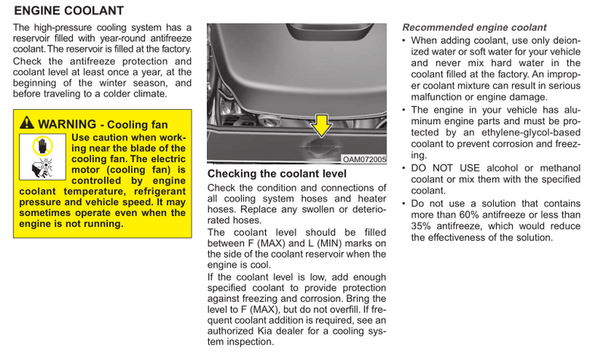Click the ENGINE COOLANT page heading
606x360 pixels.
pyautogui.click(x=69, y=11)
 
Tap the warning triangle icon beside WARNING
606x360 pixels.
pyautogui.click(x=27, y=123)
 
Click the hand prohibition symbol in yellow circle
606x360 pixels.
pyautogui.click(x=42, y=146)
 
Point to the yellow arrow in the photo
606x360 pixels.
pyautogui.click(x=321, y=126)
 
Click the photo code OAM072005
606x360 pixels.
pyautogui.click(x=364, y=159)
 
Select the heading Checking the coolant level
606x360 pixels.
pyautogui.click(x=276, y=174)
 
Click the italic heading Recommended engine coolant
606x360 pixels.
pyautogui.click(x=474, y=27)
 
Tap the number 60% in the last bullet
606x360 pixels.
pyautogui.click(x=467, y=214)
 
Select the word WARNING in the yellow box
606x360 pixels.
pyautogui.click(x=67, y=124)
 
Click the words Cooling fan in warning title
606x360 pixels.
pyautogui.click(x=138, y=124)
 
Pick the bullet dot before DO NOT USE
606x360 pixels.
pyautogui.click(x=404, y=169)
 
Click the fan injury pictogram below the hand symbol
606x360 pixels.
pyautogui.click(x=42, y=167)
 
